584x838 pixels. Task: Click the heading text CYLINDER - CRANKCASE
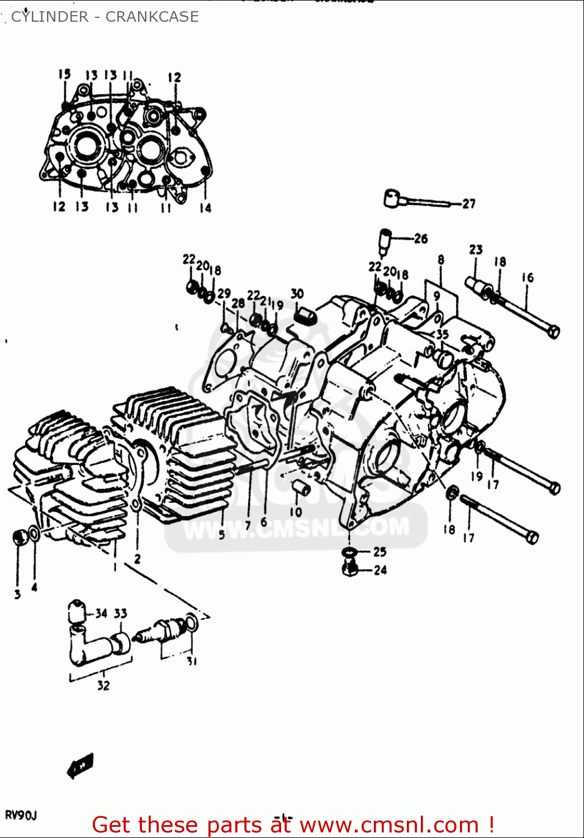[x=105, y=17]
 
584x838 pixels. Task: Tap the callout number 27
[x=468, y=204]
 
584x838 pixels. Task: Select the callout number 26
[x=420, y=239]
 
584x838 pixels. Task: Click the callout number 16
[x=528, y=278]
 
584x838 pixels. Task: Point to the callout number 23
[x=476, y=250]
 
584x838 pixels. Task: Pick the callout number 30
[x=297, y=294]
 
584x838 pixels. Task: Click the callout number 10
[x=296, y=512]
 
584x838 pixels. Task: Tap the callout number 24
[x=380, y=570]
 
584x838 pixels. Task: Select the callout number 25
[x=380, y=552]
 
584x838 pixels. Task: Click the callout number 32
[x=103, y=685]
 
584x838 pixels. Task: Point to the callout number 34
[x=101, y=613]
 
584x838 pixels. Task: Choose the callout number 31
[x=192, y=661]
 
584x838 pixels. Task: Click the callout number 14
[x=205, y=208]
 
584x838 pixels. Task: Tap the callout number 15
[x=65, y=74]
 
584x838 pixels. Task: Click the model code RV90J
[x=21, y=816]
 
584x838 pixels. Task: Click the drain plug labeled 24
[x=349, y=568]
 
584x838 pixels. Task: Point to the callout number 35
[x=442, y=335]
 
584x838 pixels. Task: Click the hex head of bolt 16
[x=552, y=331]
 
